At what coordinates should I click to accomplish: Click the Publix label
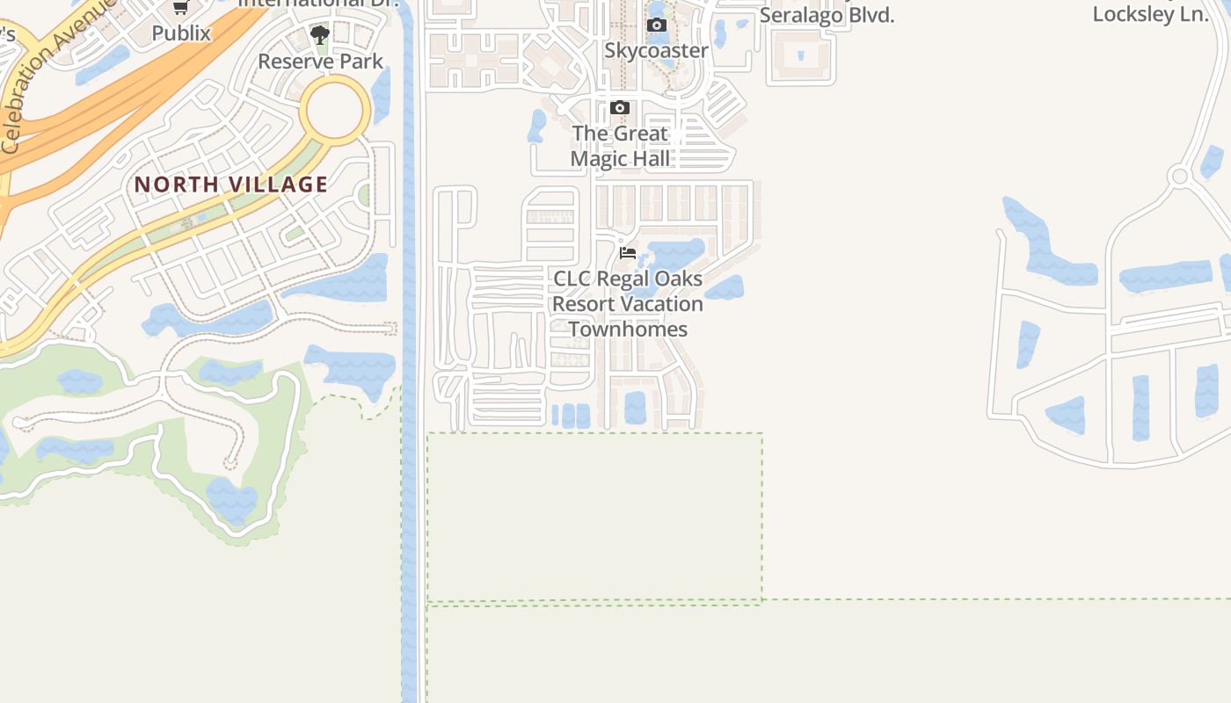coord(181,33)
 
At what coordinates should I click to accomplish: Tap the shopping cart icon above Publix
coord(181,7)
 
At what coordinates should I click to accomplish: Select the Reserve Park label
coord(320,62)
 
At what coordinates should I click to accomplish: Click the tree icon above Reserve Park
coord(320,35)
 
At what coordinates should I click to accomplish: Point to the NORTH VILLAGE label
coord(231,185)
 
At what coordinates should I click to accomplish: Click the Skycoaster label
coord(656,50)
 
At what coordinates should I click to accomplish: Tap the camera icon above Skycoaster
coord(656,25)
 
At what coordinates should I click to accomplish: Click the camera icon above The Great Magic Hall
coord(620,108)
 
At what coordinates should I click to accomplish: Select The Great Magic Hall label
coord(620,146)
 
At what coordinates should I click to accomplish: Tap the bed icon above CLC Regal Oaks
coord(628,253)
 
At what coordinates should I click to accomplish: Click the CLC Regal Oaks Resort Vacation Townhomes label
coord(628,304)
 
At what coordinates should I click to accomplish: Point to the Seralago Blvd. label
coord(827,14)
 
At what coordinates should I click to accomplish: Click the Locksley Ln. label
coord(1150,14)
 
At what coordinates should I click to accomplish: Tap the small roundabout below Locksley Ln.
coord(1179,177)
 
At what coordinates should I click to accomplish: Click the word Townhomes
coord(628,330)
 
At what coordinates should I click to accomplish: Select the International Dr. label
coord(320,3)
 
